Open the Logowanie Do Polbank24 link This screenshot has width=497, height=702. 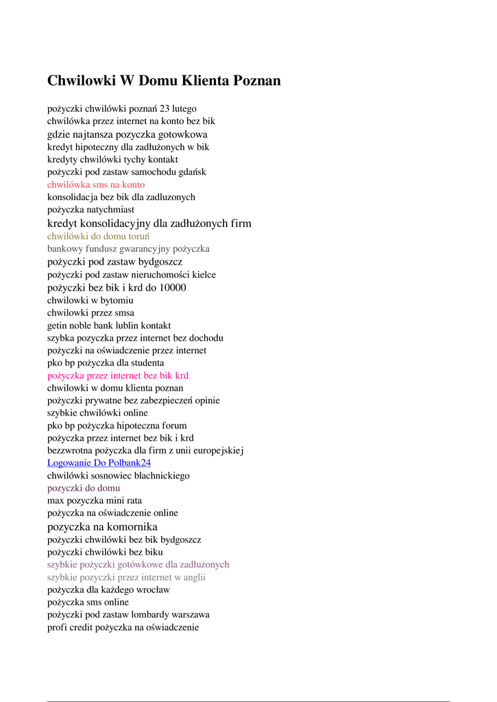pos(99,463)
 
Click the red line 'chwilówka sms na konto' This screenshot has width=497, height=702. pos(96,184)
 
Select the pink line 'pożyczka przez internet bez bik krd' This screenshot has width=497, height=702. pos(118,376)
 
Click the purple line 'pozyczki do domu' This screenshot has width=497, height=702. pos(84,488)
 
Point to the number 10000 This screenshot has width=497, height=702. pos(172,288)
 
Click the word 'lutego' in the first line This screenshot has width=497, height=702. pos(184,108)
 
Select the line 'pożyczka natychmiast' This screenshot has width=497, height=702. pos(90,210)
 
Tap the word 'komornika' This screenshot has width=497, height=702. pos(132,526)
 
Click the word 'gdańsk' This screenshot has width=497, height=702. pos(191,172)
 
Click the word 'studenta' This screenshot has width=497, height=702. pos(146,363)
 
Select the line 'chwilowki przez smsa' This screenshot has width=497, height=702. pos(90,313)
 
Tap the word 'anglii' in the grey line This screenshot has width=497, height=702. pos(193,577)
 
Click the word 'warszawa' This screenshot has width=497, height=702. pos(190,614)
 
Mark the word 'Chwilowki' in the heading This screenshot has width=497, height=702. pos(82,81)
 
